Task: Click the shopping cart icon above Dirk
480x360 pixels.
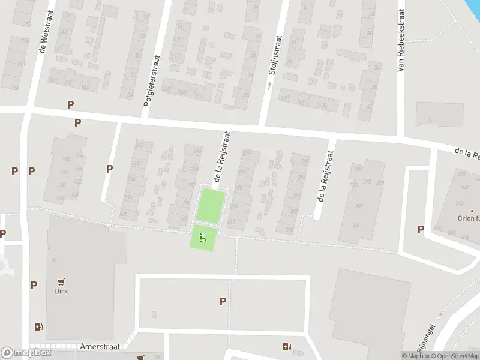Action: [61, 281]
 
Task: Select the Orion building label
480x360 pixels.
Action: [468, 218]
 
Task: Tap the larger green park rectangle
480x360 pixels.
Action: [211, 205]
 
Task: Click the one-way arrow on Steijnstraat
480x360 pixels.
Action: [269, 86]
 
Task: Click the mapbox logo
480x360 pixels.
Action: [26, 353]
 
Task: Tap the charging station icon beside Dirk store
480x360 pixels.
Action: [39, 327]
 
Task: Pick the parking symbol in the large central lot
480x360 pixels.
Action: [223, 302]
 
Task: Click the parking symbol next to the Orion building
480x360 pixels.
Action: [421, 229]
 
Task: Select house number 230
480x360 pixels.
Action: [127, 197]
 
